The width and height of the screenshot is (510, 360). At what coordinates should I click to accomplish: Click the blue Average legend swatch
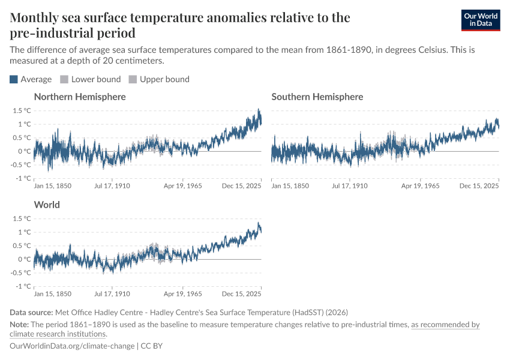point(14,79)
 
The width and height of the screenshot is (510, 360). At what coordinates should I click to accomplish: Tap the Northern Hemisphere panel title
point(80,97)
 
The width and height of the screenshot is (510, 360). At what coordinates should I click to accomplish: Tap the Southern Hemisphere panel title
point(317,97)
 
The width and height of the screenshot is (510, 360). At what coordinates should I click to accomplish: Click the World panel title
point(47,205)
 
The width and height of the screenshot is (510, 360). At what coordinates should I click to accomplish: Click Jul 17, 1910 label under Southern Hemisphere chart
point(350,186)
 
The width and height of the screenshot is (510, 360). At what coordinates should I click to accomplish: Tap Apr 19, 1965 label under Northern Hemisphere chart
point(184,186)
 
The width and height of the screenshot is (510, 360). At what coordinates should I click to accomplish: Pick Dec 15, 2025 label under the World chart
point(242,294)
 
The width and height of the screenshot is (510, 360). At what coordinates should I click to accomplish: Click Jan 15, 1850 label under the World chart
point(53,294)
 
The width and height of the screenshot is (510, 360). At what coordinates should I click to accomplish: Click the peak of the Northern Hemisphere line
point(259,110)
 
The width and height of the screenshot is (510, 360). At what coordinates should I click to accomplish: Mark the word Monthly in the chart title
point(35,17)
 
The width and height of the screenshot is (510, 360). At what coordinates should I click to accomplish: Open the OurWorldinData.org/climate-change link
point(72,346)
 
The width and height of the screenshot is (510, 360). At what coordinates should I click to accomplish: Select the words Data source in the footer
point(31,312)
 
